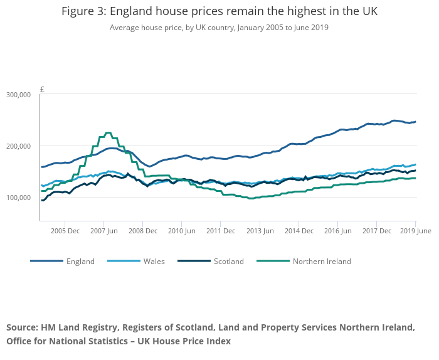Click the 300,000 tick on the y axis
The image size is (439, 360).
(18, 95)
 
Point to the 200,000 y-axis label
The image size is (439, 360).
(18, 146)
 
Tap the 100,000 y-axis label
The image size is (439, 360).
(18, 198)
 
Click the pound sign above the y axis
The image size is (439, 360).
(42, 90)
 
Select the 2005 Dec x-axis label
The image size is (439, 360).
(65, 231)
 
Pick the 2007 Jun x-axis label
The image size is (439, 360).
(103, 231)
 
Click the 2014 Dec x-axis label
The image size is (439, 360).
(299, 231)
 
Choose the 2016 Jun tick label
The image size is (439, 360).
(337, 231)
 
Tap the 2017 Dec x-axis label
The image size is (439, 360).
(376, 231)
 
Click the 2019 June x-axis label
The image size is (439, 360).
(416, 231)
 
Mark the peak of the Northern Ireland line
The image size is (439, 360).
(108, 133)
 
